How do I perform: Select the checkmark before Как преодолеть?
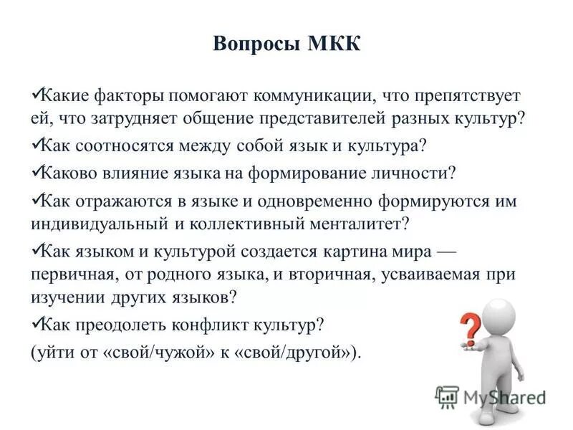pyautogui.click(x=37, y=322)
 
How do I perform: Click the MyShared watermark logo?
pyautogui.click(x=491, y=395)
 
